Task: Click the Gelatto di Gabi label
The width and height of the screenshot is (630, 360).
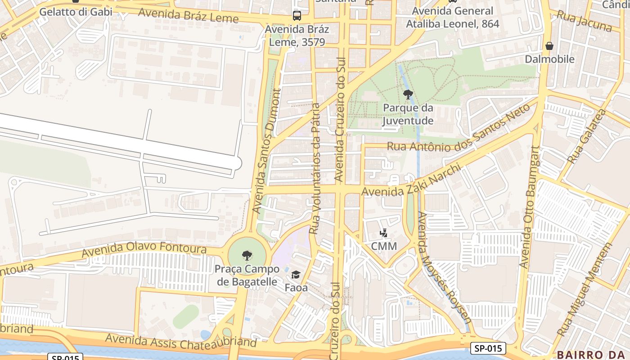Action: [x=76, y=12]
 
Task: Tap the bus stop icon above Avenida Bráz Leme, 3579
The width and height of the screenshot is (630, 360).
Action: [x=297, y=16]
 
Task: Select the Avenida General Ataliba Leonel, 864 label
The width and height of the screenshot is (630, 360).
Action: [x=453, y=17]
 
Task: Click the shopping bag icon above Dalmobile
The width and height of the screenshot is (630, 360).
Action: [x=549, y=46]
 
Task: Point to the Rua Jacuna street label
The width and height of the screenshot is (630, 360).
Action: [x=584, y=21]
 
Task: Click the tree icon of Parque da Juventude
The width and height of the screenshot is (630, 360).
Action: [x=408, y=94]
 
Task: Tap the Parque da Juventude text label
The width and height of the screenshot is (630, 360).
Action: [x=408, y=114]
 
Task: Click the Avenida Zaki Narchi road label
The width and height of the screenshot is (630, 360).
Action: [x=412, y=182]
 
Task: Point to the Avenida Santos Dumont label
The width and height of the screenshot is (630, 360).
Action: [x=266, y=151]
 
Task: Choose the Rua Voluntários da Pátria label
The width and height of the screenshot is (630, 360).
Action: [x=315, y=169]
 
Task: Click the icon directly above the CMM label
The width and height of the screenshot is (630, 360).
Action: [x=383, y=233]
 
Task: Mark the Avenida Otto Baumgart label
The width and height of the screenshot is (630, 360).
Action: [x=529, y=207]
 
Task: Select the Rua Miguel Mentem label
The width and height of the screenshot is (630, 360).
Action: [x=585, y=290]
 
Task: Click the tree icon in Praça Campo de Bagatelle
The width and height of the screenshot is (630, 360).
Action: [x=247, y=256]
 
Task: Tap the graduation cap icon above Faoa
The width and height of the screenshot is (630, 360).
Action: [x=296, y=274]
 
